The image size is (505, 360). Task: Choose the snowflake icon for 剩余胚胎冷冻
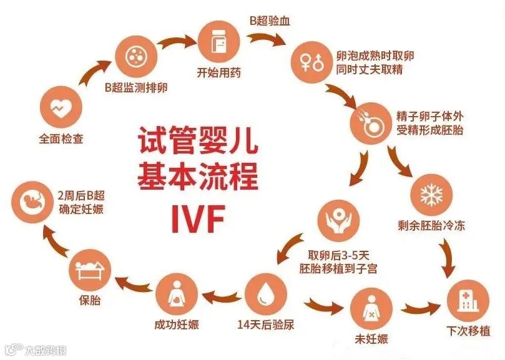[x=430, y=194]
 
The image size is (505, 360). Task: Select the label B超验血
[x=270, y=21]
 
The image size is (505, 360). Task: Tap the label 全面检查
[x=61, y=139]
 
